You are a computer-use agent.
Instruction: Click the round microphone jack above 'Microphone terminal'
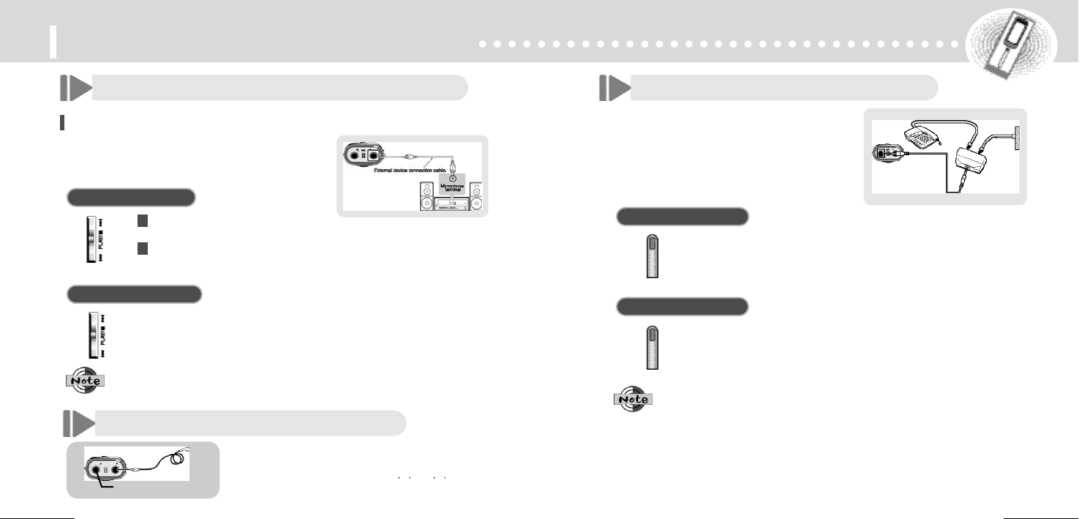(x=452, y=176)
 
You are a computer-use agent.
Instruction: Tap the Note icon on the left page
(x=84, y=381)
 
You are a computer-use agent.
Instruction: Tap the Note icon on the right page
(x=633, y=399)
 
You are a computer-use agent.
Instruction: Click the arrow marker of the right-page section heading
(x=614, y=88)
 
